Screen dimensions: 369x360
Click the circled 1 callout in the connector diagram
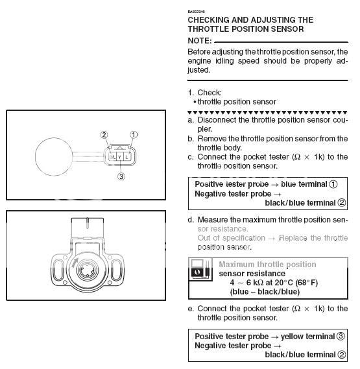point(135,135)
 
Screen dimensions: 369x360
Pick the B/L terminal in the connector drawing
point(112,156)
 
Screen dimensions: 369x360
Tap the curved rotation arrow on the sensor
point(78,267)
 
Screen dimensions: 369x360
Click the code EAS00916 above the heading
point(197,12)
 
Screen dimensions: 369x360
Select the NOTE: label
point(202,40)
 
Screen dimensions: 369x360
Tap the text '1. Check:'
point(205,92)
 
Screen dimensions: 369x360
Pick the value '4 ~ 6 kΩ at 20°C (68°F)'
point(273,282)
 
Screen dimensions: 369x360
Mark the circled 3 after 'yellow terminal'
point(341,336)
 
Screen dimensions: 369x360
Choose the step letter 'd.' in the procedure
point(191,220)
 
